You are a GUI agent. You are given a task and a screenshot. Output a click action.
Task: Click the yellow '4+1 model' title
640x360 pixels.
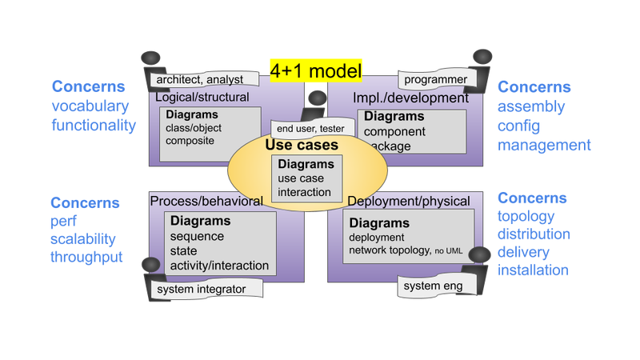pos(316,70)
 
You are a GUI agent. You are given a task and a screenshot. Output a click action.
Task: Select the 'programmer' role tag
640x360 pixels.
pos(434,80)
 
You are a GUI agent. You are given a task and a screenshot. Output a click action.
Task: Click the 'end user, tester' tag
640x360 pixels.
pos(310,128)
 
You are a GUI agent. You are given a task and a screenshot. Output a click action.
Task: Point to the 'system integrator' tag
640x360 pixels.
pos(201,289)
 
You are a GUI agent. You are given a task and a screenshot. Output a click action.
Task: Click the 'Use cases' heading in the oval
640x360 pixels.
pos(302,146)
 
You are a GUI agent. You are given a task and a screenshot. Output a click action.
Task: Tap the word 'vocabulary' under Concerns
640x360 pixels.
pos(90,106)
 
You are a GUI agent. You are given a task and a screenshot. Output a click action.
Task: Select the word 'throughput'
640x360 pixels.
pos(86,258)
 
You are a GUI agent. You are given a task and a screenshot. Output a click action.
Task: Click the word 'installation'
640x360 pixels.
pos(533,270)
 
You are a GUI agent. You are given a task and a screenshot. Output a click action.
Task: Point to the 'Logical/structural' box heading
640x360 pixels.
pos(202,98)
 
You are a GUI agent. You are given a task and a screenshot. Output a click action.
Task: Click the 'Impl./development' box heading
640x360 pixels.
pos(410,98)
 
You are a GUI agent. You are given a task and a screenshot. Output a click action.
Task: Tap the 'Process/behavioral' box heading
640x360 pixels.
pos(206,200)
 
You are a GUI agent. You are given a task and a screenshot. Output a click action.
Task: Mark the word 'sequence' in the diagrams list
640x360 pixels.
pos(197,236)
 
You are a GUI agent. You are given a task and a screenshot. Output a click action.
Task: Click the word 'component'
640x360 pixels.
pos(394,131)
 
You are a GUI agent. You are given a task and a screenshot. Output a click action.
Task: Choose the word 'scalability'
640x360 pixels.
pos(83,238)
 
